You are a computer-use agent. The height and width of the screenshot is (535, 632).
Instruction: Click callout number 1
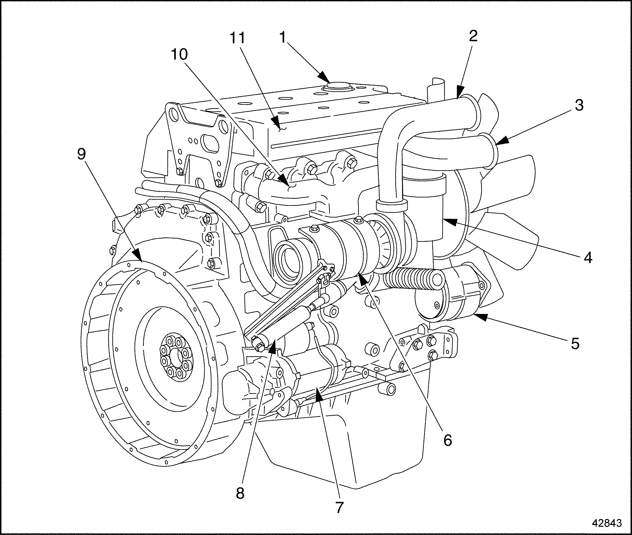[x=284, y=38]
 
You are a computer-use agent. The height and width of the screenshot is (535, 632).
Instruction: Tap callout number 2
[x=473, y=36]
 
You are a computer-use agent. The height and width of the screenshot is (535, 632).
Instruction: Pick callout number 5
[x=575, y=343]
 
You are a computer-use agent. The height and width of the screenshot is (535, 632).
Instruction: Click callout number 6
[x=447, y=440]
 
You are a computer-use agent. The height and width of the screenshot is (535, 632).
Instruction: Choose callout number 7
[x=339, y=507]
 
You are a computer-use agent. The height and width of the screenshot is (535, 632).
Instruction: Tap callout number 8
[x=240, y=493]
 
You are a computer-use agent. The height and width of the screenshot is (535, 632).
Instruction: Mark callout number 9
[x=81, y=154]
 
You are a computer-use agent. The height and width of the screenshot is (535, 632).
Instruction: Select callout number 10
[x=179, y=55]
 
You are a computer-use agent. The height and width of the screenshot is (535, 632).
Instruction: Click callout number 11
[x=237, y=39]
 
